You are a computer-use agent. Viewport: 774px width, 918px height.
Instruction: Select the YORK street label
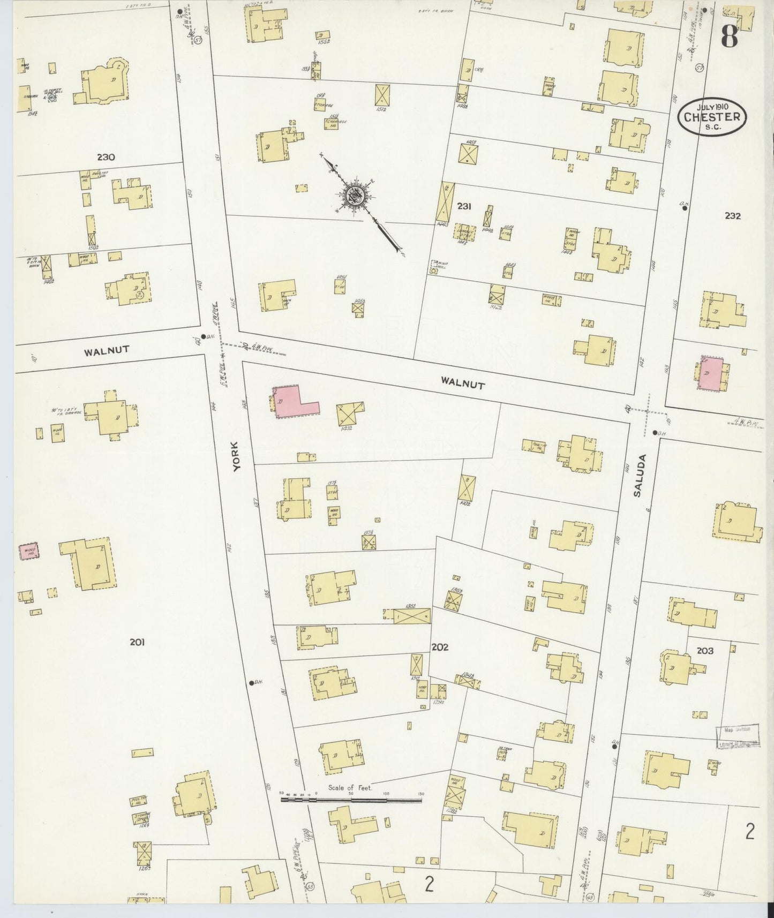click(x=237, y=460)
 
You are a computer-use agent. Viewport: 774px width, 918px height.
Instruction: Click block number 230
click(x=106, y=157)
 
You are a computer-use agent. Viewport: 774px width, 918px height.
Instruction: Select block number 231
click(x=464, y=206)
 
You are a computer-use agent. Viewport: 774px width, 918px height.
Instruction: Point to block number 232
click(x=732, y=216)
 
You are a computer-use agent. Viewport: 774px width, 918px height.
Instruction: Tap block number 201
click(x=137, y=642)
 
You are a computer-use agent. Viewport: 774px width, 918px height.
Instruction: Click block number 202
click(x=439, y=647)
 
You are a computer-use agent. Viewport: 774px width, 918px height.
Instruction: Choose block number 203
click(x=705, y=650)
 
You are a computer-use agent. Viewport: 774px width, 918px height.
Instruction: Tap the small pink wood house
click(x=28, y=552)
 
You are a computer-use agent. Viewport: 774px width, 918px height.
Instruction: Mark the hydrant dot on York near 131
click(x=251, y=682)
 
